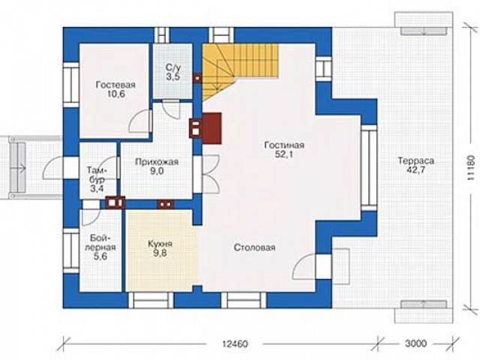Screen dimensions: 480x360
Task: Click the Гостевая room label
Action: tap(115, 85)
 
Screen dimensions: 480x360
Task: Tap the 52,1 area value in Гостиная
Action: tap(283, 154)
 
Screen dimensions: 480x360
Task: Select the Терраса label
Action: tap(416, 160)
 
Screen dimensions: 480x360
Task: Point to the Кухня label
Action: tap(160, 244)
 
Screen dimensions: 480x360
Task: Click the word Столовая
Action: tap(254, 247)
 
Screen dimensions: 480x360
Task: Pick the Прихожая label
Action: tap(157, 162)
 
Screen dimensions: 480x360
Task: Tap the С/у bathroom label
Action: tap(173, 67)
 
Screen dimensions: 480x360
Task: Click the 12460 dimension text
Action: tap(235, 343)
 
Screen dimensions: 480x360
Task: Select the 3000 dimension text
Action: tap(415, 343)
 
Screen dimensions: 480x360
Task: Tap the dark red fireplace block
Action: tap(211, 128)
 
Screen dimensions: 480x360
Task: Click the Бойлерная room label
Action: tap(100, 242)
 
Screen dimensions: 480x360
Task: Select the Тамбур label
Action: tap(97, 175)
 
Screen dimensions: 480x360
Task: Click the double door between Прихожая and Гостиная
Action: tap(211, 174)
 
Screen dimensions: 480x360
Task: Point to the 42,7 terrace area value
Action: tap(415, 170)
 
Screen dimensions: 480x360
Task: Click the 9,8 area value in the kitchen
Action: tap(160, 253)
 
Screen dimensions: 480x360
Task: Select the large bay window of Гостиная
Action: tap(368, 168)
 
